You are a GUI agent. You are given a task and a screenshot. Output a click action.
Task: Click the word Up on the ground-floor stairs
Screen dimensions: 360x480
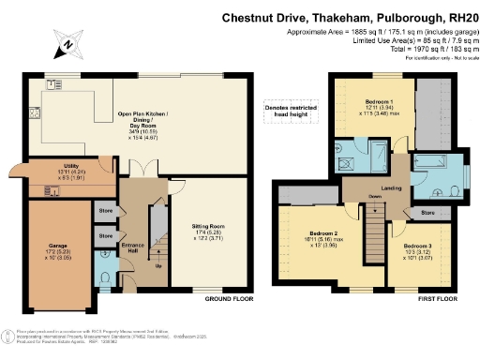click(x=157, y=265)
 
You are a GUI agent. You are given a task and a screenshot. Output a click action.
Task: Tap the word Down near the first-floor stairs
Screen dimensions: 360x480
click(x=374, y=197)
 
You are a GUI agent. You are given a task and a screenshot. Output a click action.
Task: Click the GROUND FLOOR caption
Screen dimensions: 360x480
click(x=230, y=298)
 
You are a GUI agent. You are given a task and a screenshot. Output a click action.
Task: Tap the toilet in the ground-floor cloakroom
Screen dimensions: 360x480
click(x=106, y=278)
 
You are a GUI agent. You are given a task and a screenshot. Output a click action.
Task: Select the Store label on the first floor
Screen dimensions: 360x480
click(x=427, y=214)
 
